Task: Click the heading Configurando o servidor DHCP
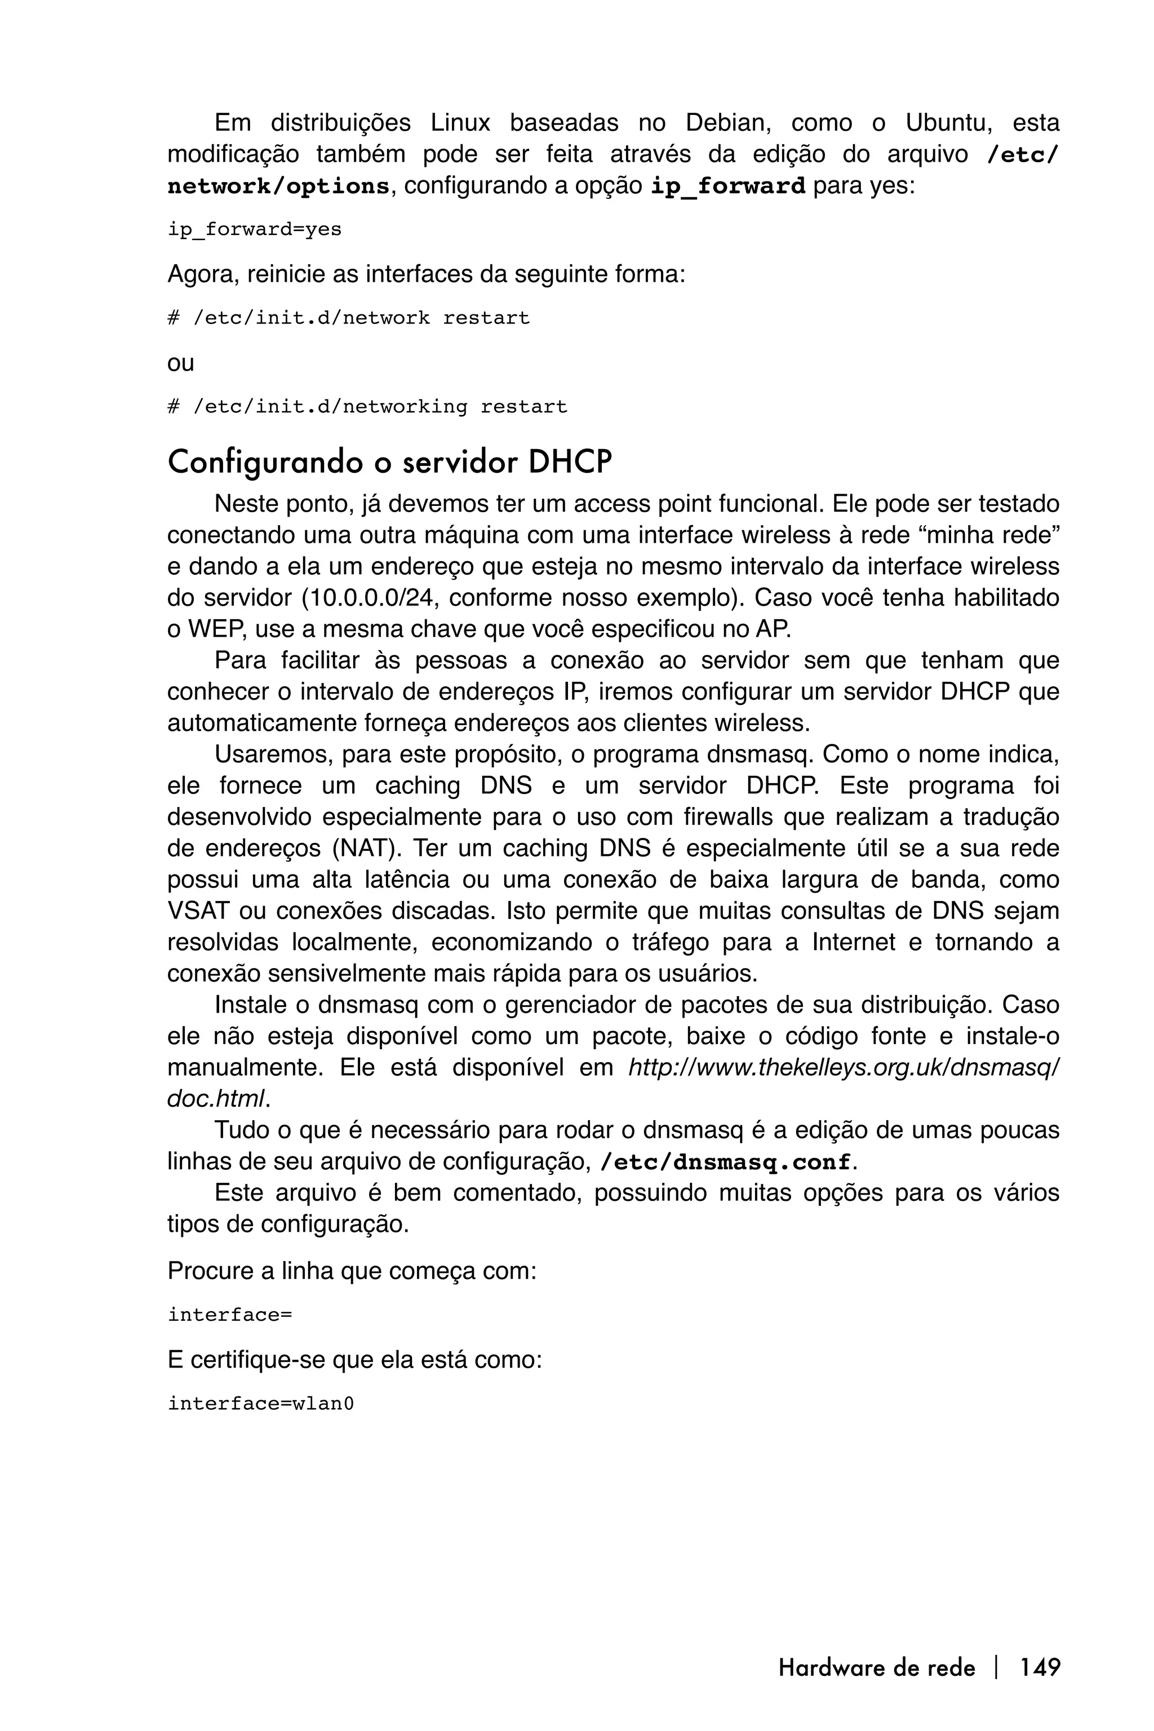point(389,462)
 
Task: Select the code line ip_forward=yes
point(255,230)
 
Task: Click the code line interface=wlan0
point(260,1404)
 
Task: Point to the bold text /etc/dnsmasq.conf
point(726,1162)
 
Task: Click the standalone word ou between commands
point(180,363)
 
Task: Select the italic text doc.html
point(215,1099)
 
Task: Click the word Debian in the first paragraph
point(725,123)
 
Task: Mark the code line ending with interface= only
point(230,1315)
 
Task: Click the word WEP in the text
point(217,629)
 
